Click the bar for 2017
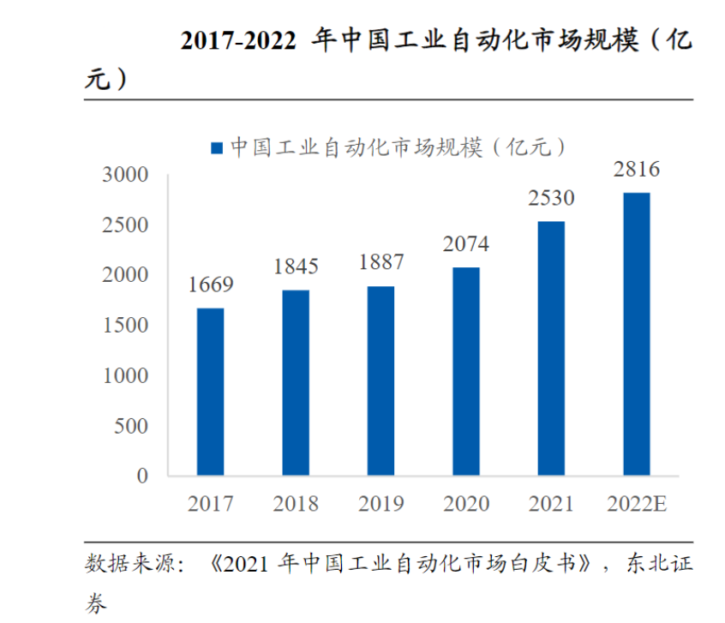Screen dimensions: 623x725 coord(210,392)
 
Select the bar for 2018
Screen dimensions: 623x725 coord(296,382)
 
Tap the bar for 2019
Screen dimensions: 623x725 coord(380,380)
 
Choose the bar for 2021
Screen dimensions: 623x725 coord(551,348)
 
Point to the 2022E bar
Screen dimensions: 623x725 coord(636,333)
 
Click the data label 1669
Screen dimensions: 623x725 coord(211,285)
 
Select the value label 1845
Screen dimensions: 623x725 coord(296,267)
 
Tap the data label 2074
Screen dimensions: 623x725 coord(466,244)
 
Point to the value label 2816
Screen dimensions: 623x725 coord(637,170)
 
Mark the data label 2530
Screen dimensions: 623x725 coord(551,199)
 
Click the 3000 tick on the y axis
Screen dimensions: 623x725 coord(125,175)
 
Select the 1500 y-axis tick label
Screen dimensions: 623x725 coord(125,326)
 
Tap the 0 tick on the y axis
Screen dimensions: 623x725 coord(143,476)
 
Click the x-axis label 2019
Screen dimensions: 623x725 coord(381,503)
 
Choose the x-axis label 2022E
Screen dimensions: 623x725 coord(636,503)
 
